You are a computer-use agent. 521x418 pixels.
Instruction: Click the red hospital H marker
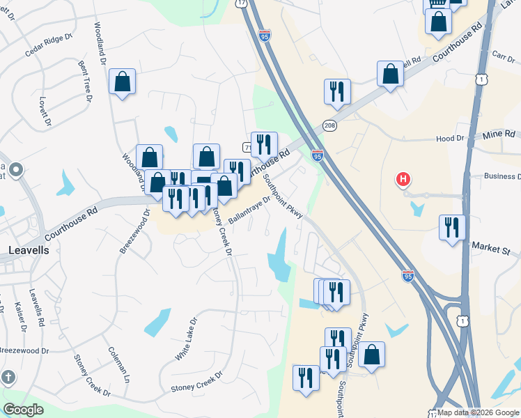click(403, 180)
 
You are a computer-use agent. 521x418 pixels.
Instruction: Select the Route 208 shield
click(330, 125)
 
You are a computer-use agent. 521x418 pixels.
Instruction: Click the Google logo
click(23, 410)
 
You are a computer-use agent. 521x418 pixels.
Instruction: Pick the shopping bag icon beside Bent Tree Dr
click(123, 82)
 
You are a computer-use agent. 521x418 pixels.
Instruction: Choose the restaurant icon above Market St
click(452, 226)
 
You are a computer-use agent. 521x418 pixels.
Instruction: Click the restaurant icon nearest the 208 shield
click(336, 91)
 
